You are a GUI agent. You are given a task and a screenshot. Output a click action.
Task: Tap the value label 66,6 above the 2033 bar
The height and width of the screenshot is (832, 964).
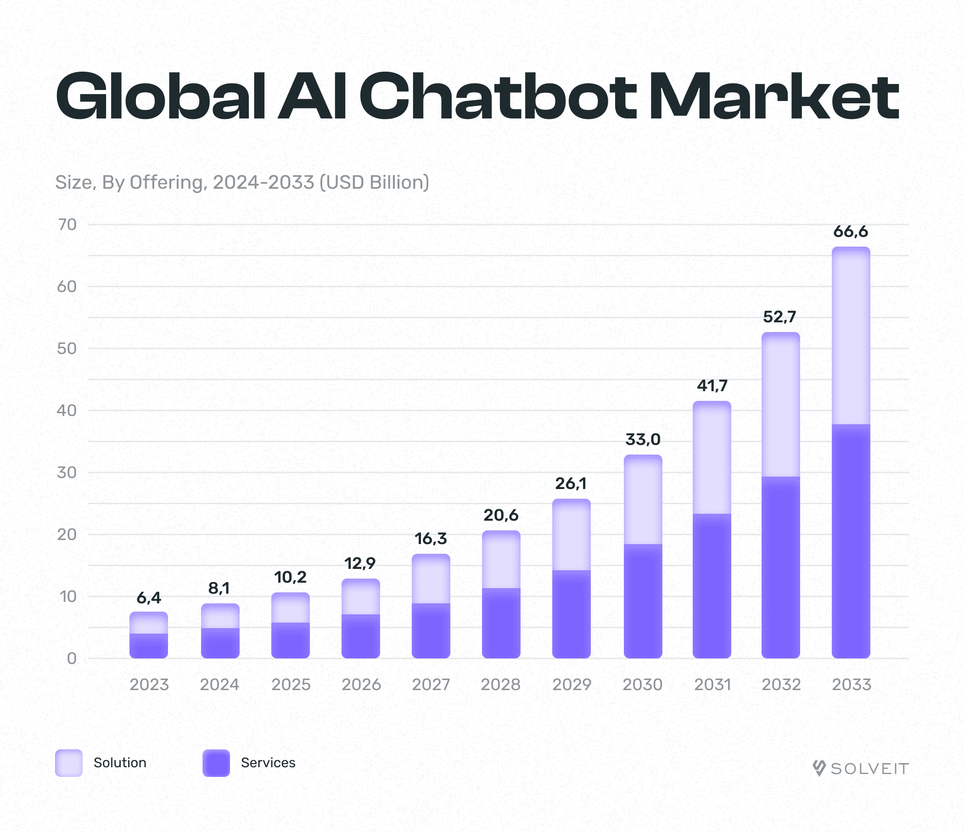pos(851,231)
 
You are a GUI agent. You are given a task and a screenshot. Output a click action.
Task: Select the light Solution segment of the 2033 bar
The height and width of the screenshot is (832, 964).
pos(851,335)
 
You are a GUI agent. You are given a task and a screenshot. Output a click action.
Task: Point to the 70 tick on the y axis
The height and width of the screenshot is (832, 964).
pos(67,225)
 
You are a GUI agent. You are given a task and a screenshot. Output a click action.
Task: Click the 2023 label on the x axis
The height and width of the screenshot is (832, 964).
pos(149,685)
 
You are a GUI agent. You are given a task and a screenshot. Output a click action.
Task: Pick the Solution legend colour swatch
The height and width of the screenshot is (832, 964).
pos(69,763)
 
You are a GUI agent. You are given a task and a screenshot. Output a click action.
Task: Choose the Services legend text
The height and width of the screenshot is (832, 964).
pos(268,763)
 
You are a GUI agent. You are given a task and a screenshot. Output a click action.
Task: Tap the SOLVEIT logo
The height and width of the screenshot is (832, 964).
pos(861,768)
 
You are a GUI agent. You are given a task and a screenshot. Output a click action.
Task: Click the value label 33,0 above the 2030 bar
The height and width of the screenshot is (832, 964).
pos(643,439)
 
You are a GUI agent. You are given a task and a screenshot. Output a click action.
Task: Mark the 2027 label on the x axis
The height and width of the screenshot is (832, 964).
pos(431,685)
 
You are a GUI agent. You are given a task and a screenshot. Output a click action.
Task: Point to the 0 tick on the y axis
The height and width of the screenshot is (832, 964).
pos(72,658)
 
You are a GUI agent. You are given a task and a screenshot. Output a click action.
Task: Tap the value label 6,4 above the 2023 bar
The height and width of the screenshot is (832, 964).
pos(149,598)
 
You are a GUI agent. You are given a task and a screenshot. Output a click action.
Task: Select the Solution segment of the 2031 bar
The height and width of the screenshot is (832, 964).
pos(712,458)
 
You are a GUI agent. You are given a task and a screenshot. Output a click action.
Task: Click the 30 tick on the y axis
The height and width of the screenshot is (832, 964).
pos(67,473)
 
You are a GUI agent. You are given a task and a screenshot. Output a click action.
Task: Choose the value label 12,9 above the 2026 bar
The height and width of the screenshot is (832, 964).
pos(359,563)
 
